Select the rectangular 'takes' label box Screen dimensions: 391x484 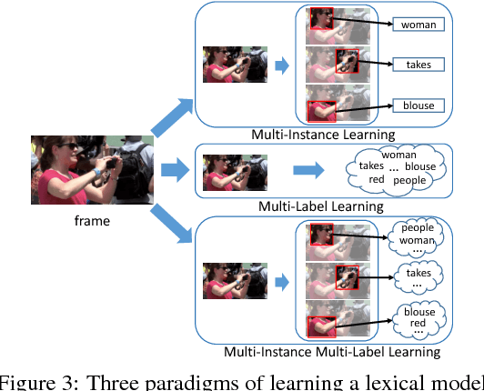click(418, 65)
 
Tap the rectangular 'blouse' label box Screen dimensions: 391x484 click(418, 105)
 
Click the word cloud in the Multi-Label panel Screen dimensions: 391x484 click(398, 170)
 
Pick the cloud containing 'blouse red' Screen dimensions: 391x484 click(419, 318)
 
